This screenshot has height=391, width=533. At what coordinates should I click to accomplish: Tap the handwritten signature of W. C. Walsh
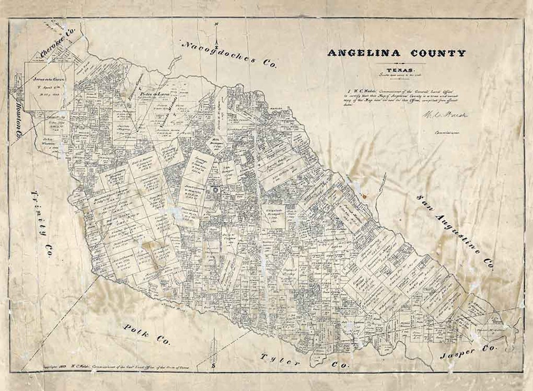tap(444, 115)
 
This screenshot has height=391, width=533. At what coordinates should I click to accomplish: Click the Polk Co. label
tap(146, 334)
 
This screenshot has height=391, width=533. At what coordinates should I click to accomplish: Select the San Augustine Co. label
tap(455, 232)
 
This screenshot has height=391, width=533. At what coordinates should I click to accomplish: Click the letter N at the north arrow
tap(216, 23)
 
